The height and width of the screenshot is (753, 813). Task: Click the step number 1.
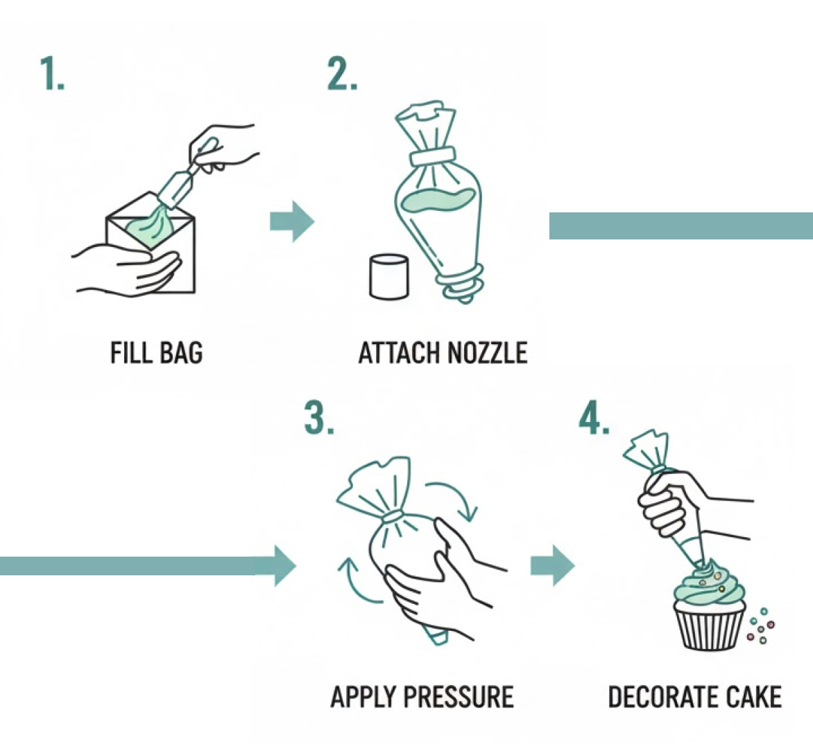tap(52, 74)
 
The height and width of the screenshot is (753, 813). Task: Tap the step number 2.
tap(342, 74)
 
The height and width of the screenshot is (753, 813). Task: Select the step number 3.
tap(318, 418)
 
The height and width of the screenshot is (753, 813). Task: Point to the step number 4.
tap(594, 418)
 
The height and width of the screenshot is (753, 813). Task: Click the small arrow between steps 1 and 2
tap(291, 222)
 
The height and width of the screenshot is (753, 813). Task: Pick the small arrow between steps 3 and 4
tap(552, 566)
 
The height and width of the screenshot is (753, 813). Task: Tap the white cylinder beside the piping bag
tap(388, 277)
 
